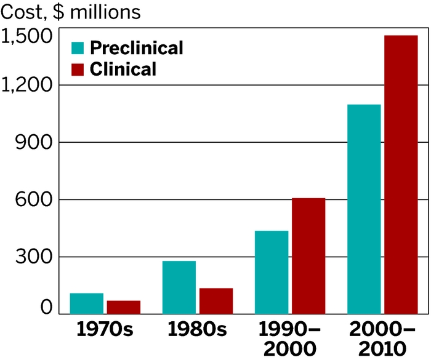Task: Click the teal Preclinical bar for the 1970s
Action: tap(86, 303)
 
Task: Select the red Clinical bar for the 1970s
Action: tap(124, 307)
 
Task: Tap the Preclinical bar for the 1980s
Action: tap(179, 287)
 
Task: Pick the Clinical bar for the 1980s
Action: tap(216, 301)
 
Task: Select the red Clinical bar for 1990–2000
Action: tap(308, 255)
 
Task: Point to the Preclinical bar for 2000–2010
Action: tap(364, 209)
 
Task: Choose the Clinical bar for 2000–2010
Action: tap(401, 175)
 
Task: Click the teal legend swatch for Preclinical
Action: tap(78, 48)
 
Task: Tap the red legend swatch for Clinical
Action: tap(78, 69)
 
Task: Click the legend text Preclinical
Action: tap(136, 48)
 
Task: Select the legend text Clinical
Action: tap(123, 69)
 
